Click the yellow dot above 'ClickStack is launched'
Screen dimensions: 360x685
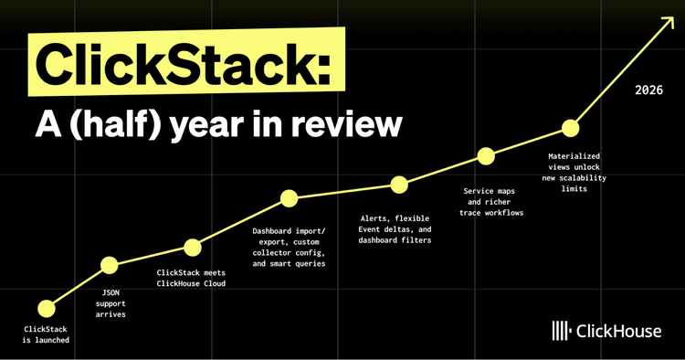coord(45,308)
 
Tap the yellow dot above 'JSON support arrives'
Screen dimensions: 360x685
coord(110,266)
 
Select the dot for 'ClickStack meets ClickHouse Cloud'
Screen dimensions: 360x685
coord(193,247)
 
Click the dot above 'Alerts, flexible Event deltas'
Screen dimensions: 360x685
coord(399,185)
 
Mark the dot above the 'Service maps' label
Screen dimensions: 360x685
coord(486,156)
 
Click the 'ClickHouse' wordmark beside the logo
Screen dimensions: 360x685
coord(618,332)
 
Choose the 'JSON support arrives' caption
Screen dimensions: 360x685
coord(111,302)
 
